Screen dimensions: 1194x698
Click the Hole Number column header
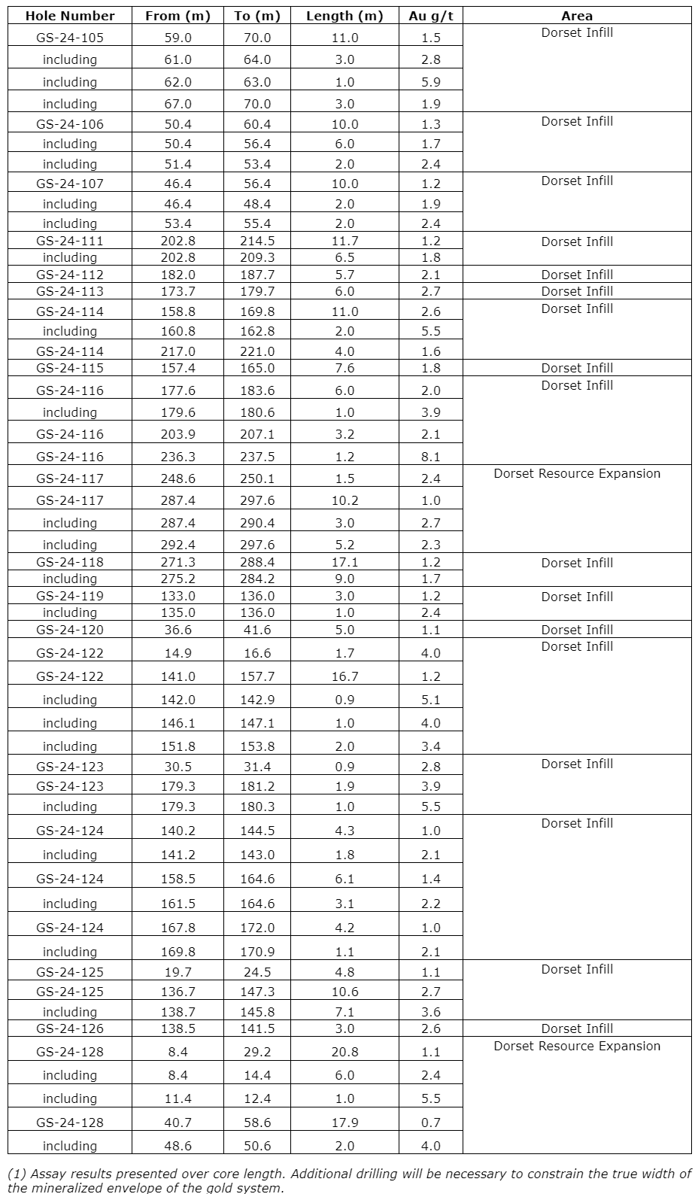click(70, 16)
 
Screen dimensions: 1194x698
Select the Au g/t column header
click(431, 16)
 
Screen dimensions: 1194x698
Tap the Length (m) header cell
click(344, 16)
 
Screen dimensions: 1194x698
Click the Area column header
click(577, 16)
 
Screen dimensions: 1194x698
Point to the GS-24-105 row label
click(70, 38)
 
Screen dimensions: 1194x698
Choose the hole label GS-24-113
click(70, 291)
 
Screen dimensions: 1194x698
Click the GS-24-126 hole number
click(70, 1028)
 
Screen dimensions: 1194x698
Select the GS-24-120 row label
click(70, 630)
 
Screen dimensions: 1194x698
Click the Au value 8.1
click(431, 457)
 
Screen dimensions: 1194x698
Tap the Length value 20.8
click(344, 1052)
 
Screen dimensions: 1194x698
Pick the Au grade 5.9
click(431, 82)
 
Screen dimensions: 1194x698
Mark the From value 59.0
click(178, 38)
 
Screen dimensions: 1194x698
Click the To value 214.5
click(257, 241)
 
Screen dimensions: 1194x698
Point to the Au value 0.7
click(431, 1123)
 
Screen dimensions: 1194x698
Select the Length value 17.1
click(344, 562)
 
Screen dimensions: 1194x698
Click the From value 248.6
click(178, 479)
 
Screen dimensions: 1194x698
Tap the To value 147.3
click(257, 992)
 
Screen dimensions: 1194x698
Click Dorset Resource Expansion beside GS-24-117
click(577, 473)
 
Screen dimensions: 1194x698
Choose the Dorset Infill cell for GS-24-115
click(577, 368)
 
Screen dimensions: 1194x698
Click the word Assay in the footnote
click(40, 1174)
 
